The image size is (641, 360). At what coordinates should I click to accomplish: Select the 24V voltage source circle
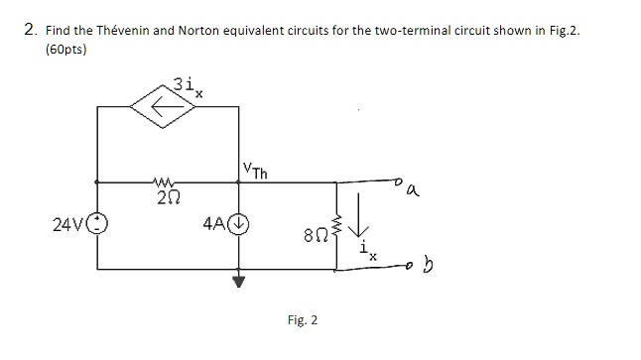tap(96, 222)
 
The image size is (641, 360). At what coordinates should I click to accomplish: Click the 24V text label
tap(69, 222)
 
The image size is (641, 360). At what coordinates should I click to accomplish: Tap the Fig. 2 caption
tap(302, 320)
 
